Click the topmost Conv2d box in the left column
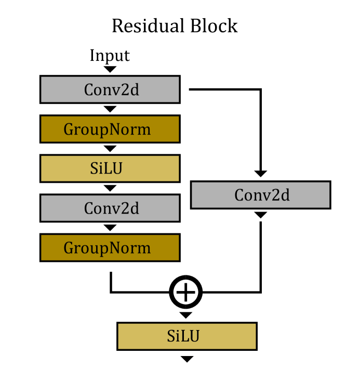[110, 89]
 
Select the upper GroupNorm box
[110, 129]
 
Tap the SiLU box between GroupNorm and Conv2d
[110, 168]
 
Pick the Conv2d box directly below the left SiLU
[110, 208]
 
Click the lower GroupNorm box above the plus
[110, 247]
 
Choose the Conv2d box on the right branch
[260, 195]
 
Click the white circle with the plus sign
[185, 292]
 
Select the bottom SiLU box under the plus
[186, 336]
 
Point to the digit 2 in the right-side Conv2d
[276, 195]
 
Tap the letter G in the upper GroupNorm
[69, 129]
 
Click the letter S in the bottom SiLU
[171, 336]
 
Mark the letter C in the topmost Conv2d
[89, 90]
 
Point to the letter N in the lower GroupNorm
[122, 248]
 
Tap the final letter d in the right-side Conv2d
[285, 195]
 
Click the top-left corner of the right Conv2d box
[192, 183]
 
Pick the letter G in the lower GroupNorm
[69, 248]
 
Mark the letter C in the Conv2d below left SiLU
[89, 208]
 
